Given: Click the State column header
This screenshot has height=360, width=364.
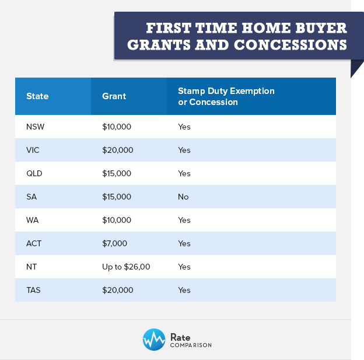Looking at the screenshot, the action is point(37,96).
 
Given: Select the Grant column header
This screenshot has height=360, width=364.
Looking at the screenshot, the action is point(114,96).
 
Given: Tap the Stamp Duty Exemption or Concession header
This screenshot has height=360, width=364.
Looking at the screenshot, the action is point(226,96).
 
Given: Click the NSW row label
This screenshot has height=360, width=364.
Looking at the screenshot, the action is point(35,127).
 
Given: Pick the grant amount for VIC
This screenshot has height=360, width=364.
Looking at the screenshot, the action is point(118,151).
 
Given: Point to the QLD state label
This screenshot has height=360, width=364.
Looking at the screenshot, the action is point(34,173).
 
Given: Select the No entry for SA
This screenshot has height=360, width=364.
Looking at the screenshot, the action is point(183,197).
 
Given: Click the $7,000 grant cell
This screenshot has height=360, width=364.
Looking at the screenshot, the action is point(115,244).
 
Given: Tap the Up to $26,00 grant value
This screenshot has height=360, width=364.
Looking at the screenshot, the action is point(126,267).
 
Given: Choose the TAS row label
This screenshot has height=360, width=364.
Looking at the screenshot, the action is point(33,290).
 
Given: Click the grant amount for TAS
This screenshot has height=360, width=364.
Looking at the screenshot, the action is point(118,290).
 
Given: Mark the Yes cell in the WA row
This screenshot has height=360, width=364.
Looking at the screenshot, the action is point(184,220).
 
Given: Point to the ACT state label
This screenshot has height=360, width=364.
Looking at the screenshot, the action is point(34,244).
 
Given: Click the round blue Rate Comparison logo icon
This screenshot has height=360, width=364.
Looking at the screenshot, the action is point(154,340).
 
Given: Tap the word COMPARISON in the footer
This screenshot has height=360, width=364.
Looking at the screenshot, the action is point(191,345).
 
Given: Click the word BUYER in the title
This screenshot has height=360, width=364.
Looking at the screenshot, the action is point(321,28).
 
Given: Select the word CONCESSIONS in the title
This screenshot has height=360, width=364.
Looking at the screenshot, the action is point(290,45).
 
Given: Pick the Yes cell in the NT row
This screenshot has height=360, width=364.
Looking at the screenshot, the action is point(184,267).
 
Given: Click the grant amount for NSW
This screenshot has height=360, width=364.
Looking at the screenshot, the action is point(117,127).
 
